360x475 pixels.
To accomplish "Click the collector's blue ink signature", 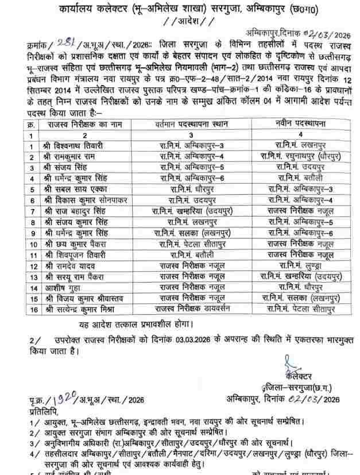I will pyautogui.click(x=288, y=364).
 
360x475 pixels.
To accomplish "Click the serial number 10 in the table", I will pyautogui.click(x=32, y=244).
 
